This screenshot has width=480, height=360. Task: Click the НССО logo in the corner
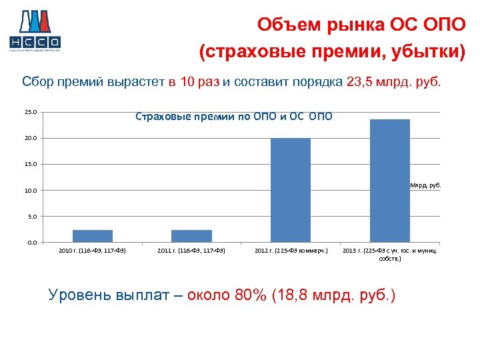point(35,30)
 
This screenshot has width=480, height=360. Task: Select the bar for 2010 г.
point(93,236)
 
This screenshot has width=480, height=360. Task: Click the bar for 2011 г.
point(191,236)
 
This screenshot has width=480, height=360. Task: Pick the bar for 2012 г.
point(291,190)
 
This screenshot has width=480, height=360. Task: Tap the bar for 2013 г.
point(389,181)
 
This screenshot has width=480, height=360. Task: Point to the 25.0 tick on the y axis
point(31,113)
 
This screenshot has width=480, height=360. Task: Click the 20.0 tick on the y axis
point(31,139)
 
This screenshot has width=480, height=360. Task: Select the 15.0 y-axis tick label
point(31,165)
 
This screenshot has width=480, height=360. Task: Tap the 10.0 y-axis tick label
point(31,191)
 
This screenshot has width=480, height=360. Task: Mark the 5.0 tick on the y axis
point(32,217)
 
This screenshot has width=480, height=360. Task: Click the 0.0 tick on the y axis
point(32,243)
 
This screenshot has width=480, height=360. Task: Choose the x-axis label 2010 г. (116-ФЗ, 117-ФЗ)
point(93,251)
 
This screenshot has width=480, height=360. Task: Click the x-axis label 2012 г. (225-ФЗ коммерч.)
point(291,251)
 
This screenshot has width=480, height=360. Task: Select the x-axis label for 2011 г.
point(191,251)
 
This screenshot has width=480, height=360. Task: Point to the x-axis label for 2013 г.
point(390,254)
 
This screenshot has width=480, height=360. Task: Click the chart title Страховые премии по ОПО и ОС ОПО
point(233,117)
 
